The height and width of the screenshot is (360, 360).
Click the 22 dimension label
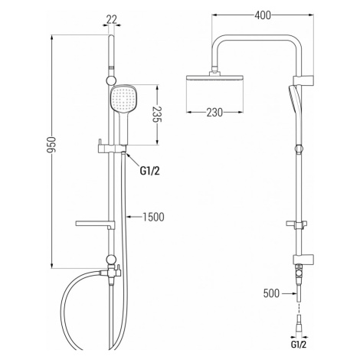tap(111, 19)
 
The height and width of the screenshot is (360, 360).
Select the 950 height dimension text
tap(51, 145)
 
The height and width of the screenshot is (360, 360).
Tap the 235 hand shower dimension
tap(157, 114)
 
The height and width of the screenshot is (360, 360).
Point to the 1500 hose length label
tap(153, 217)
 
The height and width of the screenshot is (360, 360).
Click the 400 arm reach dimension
tap(263, 15)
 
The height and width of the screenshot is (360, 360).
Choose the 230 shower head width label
tap(214, 112)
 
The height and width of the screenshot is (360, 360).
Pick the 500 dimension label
tap(271, 293)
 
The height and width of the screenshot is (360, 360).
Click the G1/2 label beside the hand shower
tap(150, 171)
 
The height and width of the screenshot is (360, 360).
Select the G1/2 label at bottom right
tap(299, 345)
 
